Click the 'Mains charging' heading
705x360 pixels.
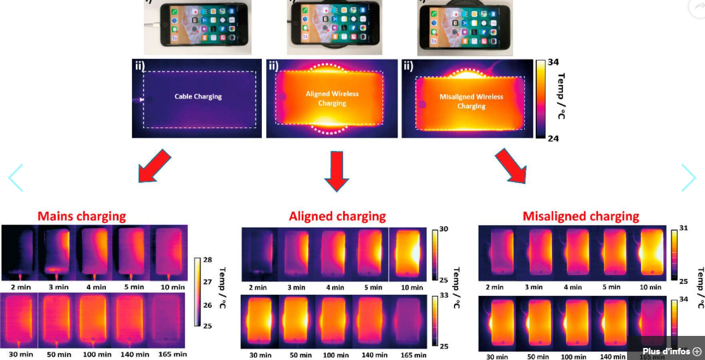[82, 216]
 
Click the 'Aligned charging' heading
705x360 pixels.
[337, 216]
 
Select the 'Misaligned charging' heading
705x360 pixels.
[581, 216]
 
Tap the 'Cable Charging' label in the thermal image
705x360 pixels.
[198, 97]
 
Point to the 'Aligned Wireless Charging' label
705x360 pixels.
[332, 98]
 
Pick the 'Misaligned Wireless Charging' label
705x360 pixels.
[471, 101]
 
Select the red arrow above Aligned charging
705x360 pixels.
[337, 170]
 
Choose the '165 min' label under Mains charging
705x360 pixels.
[171, 354]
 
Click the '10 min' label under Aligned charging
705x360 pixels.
[411, 287]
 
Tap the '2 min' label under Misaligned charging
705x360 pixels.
[495, 287]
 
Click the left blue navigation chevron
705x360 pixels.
[15, 178]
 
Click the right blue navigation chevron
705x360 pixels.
[689, 178]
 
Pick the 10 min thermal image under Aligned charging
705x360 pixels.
[409, 254]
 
